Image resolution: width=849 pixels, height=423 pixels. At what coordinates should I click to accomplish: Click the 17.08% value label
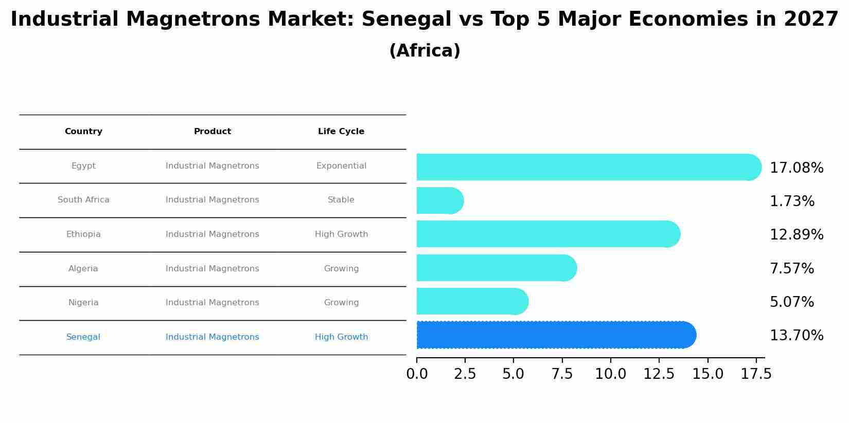796,168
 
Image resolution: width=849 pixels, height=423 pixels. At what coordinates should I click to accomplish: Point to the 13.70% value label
796,336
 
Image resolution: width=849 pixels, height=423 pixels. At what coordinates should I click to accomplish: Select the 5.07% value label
791,302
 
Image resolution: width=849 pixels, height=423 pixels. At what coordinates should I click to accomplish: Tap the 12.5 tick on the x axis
659,374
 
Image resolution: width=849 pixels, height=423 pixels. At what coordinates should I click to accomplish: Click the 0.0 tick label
417,374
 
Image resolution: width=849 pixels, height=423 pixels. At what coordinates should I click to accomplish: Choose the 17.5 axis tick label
756,374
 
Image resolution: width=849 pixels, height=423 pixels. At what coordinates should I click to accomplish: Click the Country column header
83,132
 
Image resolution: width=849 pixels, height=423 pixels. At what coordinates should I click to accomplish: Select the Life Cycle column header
341,132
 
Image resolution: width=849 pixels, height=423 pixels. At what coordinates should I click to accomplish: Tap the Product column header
212,132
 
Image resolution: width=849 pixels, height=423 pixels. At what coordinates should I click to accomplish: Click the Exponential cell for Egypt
341,166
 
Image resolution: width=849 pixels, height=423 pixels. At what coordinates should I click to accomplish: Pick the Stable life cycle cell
341,200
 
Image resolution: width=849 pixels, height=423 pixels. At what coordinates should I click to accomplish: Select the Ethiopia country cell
83,234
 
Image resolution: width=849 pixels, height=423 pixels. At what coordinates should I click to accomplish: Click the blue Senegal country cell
83,337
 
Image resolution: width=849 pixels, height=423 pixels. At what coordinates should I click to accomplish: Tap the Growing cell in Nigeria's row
341,303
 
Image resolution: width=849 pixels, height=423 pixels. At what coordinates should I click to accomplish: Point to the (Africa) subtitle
424,51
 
